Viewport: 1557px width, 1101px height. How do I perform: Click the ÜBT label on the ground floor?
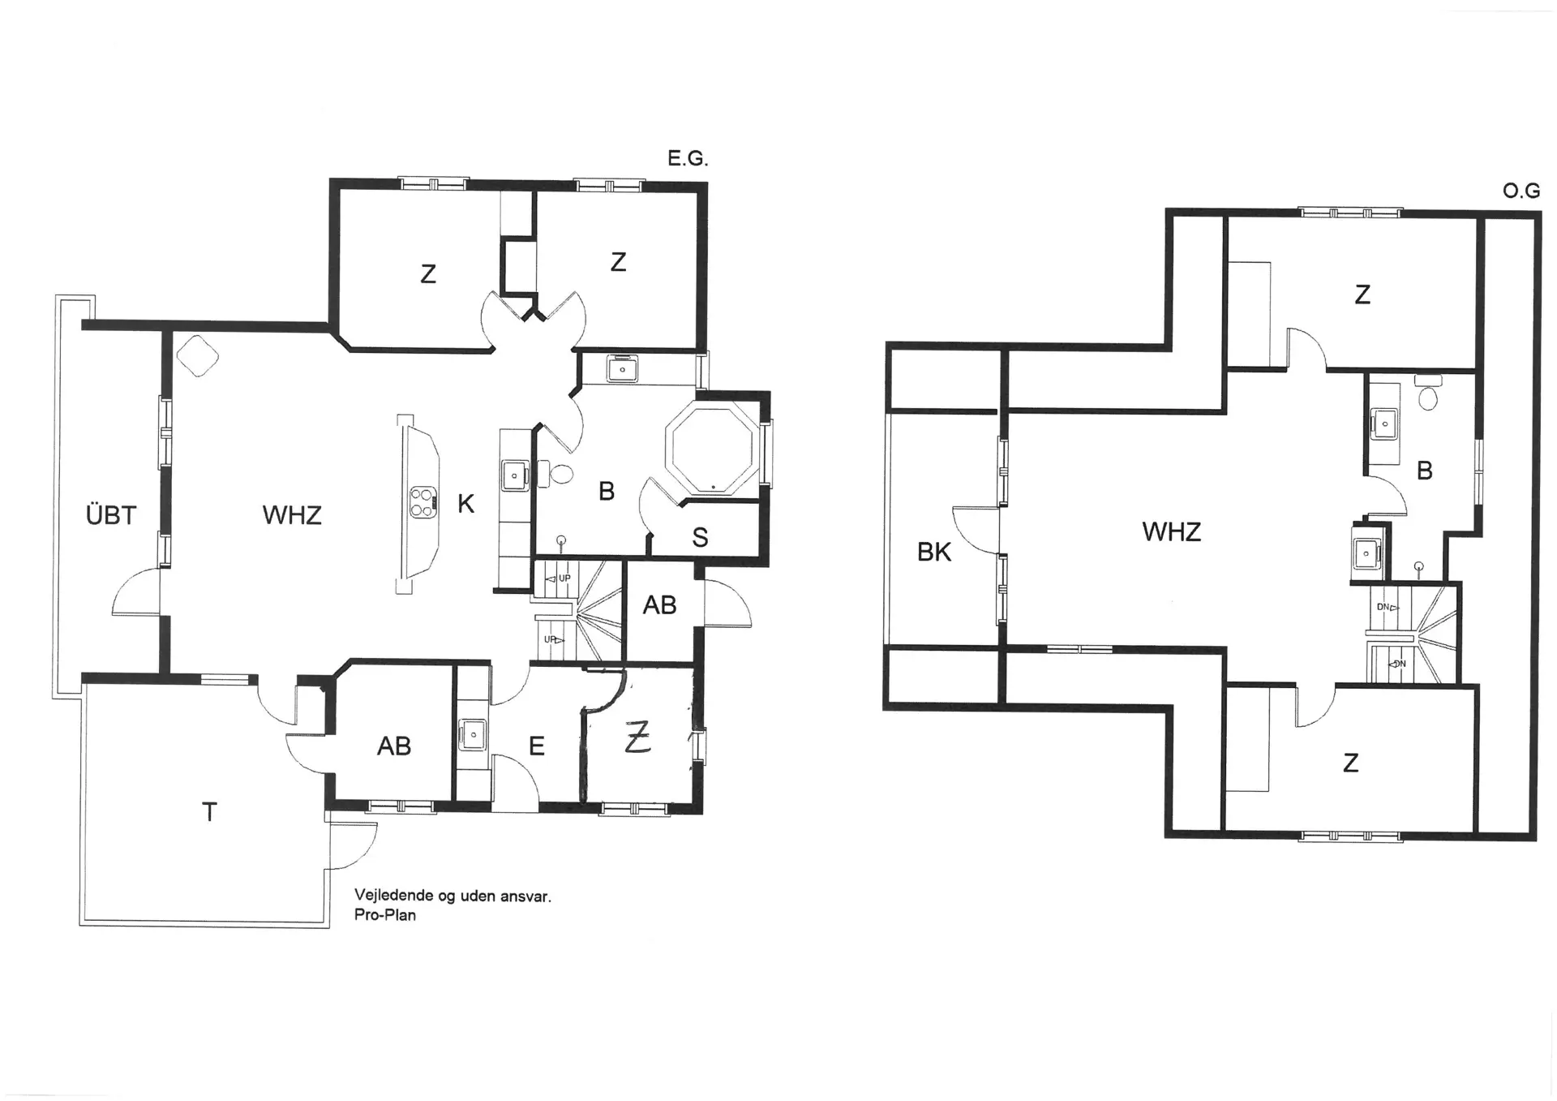coord(111,514)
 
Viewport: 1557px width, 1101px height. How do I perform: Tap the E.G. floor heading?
coord(688,158)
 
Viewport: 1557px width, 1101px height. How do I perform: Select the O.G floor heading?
coord(1521,191)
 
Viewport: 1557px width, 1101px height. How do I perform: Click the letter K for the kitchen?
coord(465,504)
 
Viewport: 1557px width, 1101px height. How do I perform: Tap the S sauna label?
coord(700,537)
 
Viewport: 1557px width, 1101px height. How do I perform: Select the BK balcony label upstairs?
coord(934,552)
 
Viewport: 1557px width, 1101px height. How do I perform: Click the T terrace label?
coord(209,811)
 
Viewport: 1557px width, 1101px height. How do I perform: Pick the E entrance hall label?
coord(536,746)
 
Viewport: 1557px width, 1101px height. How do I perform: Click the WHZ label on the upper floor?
coord(1171,531)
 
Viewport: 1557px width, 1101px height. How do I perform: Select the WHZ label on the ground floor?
coord(292,514)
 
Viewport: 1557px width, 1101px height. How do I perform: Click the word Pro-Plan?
coord(384,915)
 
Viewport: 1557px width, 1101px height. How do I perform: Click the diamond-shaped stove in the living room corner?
coord(198,355)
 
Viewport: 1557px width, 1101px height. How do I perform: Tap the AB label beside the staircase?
coord(659,604)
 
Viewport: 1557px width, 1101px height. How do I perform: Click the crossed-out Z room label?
coord(638,738)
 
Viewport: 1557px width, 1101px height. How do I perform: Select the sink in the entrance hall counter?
coord(473,735)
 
